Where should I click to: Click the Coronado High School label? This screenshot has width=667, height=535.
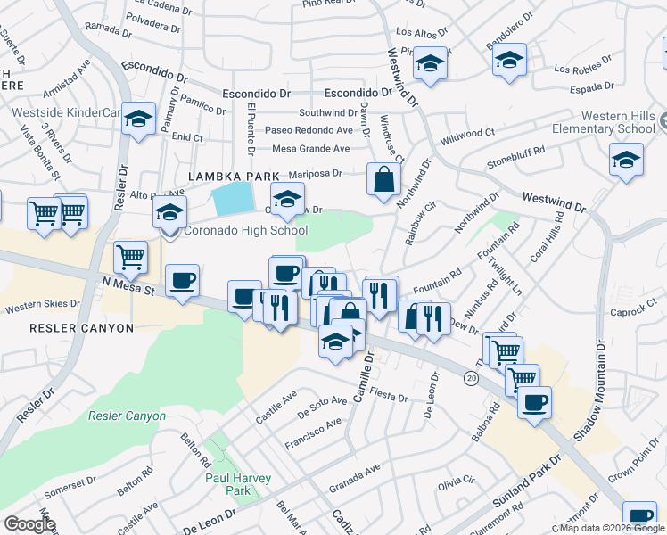(x=245, y=231)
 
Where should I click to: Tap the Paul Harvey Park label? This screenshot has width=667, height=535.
(x=238, y=484)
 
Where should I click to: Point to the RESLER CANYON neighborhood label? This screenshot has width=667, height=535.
(x=81, y=328)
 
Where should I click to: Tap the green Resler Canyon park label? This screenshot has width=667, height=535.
(x=127, y=416)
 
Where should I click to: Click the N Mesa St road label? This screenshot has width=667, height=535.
(x=128, y=288)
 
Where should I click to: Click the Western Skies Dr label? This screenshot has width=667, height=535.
(x=42, y=307)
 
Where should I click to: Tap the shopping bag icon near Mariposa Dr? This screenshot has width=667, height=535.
(x=383, y=179)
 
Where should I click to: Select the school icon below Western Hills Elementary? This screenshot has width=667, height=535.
(x=626, y=160)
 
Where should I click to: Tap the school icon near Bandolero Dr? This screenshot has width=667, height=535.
(x=509, y=61)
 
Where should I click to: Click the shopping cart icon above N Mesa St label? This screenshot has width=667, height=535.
(x=131, y=258)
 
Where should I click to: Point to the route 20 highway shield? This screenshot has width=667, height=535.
(x=470, y=378)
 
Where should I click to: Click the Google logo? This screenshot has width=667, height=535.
(x=29, y=524)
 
